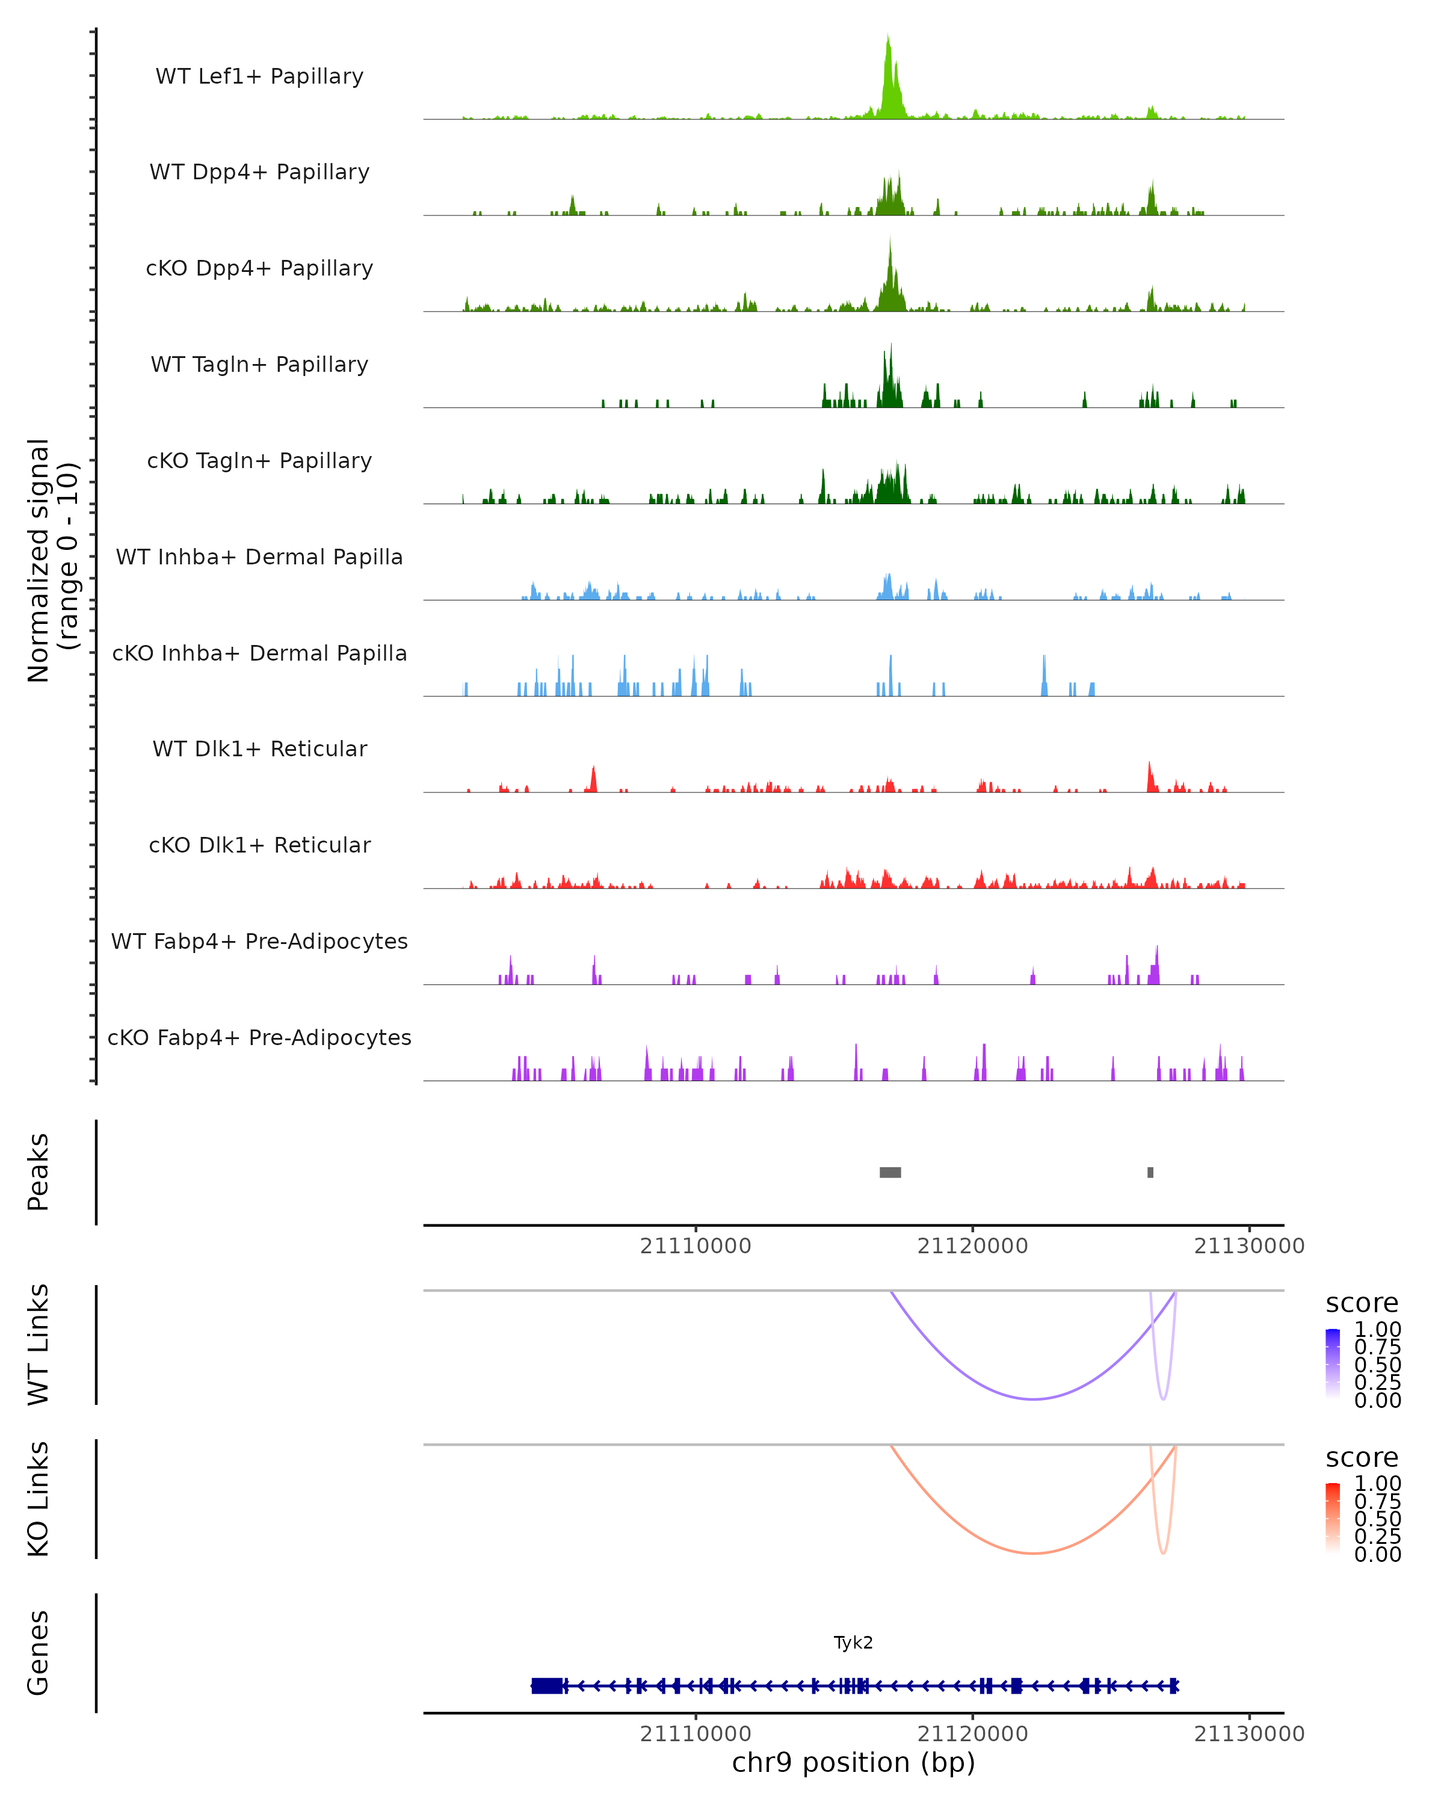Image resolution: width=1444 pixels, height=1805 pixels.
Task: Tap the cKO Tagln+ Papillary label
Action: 259,461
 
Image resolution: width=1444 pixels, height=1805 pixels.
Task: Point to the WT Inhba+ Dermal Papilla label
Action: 259,558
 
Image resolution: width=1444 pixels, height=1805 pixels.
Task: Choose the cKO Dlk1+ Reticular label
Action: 259,845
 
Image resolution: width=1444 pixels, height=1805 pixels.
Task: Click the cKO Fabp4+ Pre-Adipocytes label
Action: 259,1038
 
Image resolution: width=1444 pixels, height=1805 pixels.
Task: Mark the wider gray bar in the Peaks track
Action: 890,1172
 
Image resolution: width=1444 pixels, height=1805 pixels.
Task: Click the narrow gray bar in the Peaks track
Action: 1150,1172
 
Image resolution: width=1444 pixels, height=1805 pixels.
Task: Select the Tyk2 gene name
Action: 853,1643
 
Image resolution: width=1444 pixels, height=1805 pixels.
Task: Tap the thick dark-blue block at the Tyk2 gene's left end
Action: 547,1686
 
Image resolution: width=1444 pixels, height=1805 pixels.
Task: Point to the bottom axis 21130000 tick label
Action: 1249,1734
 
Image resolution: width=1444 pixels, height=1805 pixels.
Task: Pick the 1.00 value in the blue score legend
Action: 1377,1330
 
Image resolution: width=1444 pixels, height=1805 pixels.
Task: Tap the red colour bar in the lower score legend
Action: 1333,1518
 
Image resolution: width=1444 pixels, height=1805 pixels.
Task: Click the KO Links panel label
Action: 39,1499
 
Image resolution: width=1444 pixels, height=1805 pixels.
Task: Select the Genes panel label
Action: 39,1653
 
